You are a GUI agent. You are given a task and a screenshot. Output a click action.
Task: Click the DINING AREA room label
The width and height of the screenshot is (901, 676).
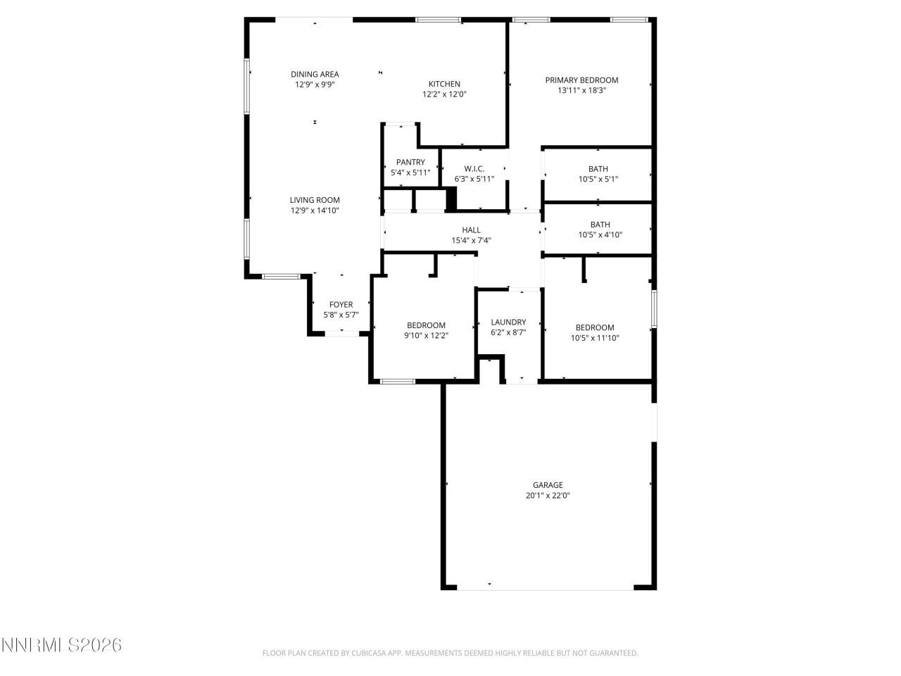[315, 74]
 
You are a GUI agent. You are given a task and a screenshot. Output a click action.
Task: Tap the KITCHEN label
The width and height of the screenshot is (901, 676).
[444, 84]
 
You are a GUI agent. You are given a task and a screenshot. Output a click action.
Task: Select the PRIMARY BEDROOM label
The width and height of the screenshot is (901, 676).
[581, 80]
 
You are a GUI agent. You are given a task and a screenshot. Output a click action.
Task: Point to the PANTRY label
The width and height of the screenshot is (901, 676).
[410, 162]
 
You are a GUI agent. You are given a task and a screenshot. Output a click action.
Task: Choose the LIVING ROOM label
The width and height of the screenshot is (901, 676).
[315, 200]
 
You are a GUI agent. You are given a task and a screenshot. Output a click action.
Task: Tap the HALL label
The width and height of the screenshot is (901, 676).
[471, 230]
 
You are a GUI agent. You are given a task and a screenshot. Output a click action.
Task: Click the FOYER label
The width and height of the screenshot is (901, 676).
[341, 305]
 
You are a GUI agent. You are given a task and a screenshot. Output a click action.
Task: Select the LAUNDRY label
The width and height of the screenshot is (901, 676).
[508, 322]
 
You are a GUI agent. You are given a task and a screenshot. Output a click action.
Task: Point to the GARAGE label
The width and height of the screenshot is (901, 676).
[547, 484]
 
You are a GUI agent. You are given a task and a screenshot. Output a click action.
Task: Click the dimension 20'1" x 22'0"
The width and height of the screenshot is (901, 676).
[547, 495]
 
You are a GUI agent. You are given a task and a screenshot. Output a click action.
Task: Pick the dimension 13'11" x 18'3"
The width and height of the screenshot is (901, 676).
[581, 90]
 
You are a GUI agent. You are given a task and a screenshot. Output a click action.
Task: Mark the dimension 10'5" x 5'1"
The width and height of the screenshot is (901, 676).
[598, 179]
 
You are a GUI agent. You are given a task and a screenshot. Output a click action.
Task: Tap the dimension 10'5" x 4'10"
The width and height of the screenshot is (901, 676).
[600, 235]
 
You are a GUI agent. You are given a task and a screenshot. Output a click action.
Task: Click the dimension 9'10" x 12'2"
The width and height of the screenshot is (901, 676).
[426, 335]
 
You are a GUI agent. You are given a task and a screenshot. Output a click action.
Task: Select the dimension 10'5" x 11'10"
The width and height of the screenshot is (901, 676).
[595, 337]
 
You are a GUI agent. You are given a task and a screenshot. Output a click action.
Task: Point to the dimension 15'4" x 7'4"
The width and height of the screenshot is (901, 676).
[471, 240]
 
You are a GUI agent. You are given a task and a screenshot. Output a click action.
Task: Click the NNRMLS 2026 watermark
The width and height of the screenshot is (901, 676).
[61, 645]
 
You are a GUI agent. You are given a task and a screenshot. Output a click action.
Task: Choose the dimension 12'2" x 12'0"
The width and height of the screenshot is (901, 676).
[444, 94]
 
